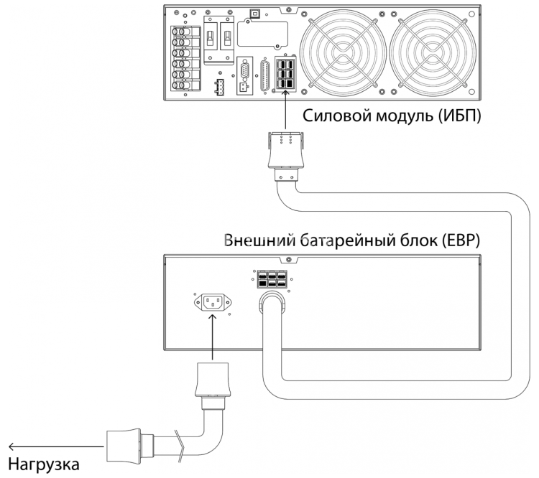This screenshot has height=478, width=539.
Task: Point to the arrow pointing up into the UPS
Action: point(286,111)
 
